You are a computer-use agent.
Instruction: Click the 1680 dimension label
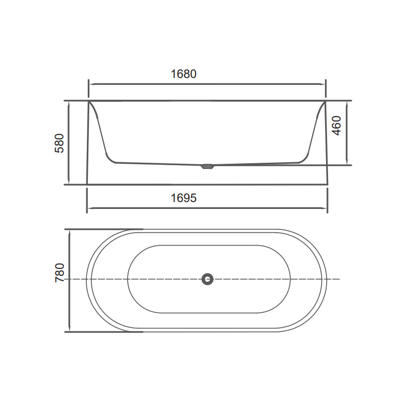184,74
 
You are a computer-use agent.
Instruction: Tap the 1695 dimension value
184,198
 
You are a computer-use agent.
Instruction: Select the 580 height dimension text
59,143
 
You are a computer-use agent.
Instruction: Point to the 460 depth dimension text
336,126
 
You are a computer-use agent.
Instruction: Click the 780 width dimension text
59,273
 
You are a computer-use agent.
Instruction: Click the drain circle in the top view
207,279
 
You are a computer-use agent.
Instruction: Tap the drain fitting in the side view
207,167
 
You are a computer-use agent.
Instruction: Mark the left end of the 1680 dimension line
88,84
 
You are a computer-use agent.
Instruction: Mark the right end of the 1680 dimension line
326,84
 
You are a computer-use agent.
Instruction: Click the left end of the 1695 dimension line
87,208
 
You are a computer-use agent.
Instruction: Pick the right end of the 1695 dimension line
328,208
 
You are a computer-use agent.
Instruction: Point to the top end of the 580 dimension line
68,101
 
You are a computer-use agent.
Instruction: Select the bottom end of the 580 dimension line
68,184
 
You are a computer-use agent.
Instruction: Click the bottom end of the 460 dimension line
347,165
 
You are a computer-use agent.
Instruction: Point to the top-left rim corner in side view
89,102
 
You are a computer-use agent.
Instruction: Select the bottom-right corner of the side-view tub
328,184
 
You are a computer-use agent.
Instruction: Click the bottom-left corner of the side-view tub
87,184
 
